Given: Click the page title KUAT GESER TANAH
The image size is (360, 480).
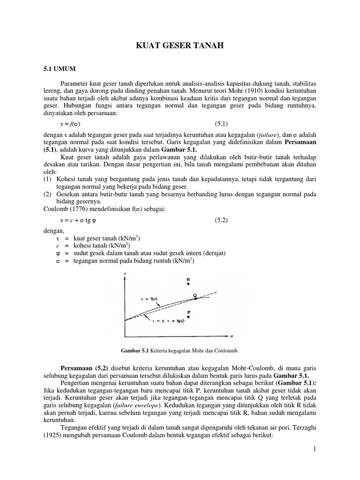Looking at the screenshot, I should pyautogui.click(x=180, y=45).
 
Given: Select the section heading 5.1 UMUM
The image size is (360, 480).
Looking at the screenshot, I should pyautogui.click(x=58, y=68).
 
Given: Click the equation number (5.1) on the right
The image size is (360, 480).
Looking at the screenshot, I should pyautogui.click(x=221, y=124).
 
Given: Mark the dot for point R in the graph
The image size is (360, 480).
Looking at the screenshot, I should pyautogui.click(x=188, y=284).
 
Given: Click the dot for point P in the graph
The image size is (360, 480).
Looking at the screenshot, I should pyautogui.click(x=188, y=317).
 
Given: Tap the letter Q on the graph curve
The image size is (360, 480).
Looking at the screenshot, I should pyautogui.click(x=195, y=295).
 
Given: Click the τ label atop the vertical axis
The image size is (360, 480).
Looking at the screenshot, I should pyautogui.click(x=125, y=273).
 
